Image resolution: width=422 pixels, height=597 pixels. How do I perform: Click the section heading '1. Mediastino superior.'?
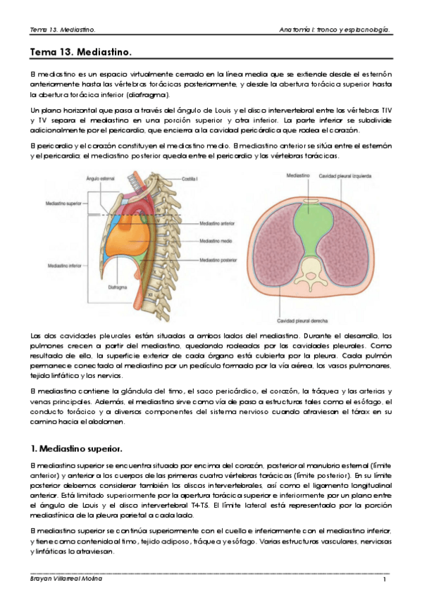point(77,448)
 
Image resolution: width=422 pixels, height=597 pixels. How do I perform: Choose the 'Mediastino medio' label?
point(215,241)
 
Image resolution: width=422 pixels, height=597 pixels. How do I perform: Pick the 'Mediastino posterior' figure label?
point(218,260)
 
